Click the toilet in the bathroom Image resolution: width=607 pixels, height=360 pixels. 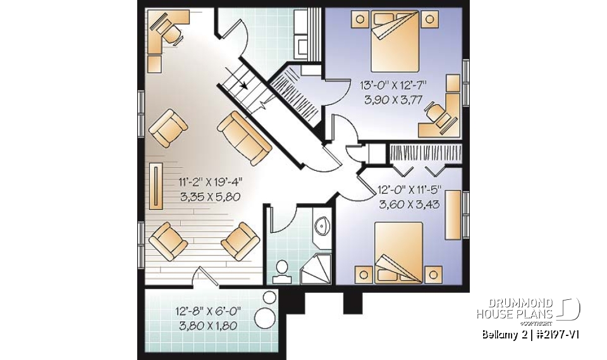280,271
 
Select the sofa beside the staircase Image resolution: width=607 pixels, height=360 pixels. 245,137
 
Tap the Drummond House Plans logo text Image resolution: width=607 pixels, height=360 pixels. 515,308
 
